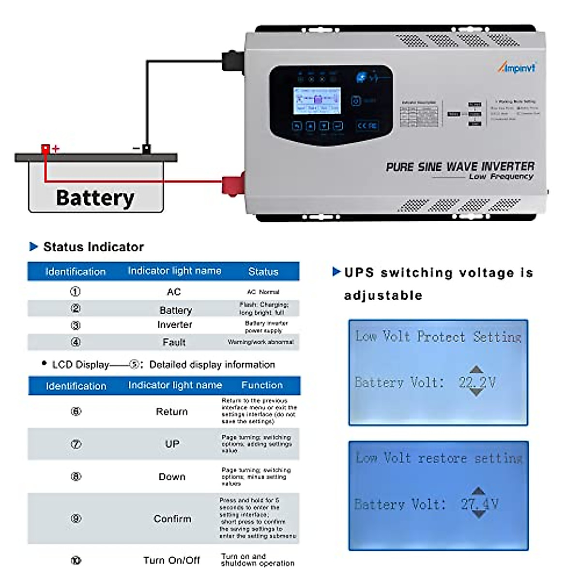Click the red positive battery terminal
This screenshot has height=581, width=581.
coord(46,149)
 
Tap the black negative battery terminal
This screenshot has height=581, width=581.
coord(146,149)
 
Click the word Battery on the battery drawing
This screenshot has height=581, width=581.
coord(95,198)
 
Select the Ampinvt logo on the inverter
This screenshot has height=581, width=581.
coord(517,68)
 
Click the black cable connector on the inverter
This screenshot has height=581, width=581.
coord(233,61)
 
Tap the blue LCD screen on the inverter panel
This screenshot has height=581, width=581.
coord(317,101)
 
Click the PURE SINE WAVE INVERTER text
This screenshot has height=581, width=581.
coord(460,167)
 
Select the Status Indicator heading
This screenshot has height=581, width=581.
coord(93,247)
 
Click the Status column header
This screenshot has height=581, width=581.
coord(263,272)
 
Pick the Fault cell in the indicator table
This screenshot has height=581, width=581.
coord(174,342)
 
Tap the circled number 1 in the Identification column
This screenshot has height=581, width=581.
coord(76,291)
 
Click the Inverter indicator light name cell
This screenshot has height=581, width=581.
coord(175,325)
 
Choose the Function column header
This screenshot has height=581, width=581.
coord(262,385)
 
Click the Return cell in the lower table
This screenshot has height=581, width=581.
coord(172,412)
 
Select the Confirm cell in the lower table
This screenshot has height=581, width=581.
coord(172,519)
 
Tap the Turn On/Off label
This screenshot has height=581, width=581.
coord(171,560)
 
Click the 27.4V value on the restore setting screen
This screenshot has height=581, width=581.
coord(479,504)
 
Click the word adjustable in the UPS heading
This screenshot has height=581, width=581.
coord(383,295)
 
